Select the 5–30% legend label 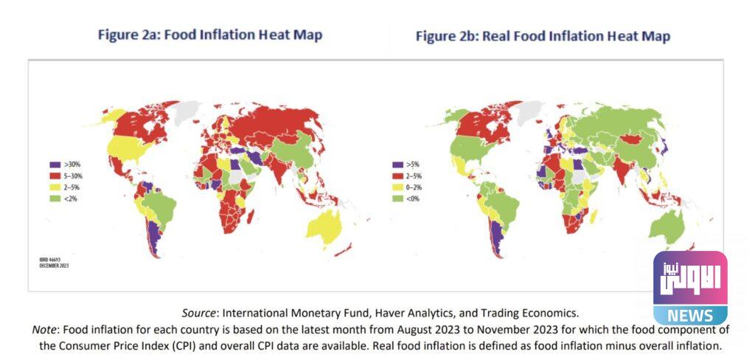[x=72, y=176]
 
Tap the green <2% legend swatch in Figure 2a [x=54, y=198]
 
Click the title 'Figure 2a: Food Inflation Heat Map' [x=210, y=35]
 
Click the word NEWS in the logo [x=689, y=316]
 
